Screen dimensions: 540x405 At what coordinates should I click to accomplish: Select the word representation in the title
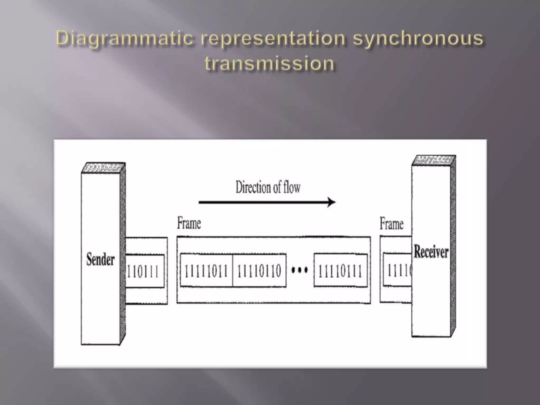pyautogui.click(x=273, y=38)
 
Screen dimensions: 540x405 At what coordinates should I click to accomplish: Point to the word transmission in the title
pyautogui.click(x=269, y=64)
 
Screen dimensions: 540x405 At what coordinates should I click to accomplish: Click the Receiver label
pyautogui.click(x=431, y=252)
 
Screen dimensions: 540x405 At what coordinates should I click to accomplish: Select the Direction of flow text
pyautogui.click(x=268, y=187)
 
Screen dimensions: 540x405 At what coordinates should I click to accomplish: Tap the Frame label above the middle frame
pyautogui.click(x=189, y=223)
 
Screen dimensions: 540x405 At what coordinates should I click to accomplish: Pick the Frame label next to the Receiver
pyautogui.click(x=392, y=224)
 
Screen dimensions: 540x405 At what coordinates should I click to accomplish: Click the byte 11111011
pyautogui.click(x=206, y=271)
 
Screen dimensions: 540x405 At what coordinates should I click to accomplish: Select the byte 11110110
pyautogui.click(x=259, y=271)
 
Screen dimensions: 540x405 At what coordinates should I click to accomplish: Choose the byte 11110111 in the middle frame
pyautogui.click(x=340, y=271)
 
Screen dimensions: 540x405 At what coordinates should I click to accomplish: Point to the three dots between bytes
pyautogui.click(x=300, y=270)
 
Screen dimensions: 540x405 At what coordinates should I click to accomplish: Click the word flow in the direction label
pyautogui.click(x=292, y=187)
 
